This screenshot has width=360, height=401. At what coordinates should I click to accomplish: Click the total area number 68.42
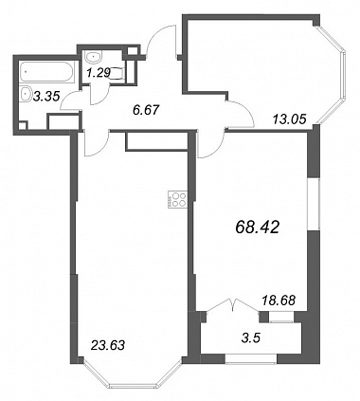pyautogui.click(x=258, y=227)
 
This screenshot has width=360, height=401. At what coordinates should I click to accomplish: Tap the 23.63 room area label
pyautogui.click(x=108, y=345)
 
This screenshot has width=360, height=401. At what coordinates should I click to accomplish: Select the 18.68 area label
pyautogui.click(x=279, y=301)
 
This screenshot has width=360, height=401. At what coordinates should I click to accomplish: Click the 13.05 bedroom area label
pyautogui.click(x=289, y=119)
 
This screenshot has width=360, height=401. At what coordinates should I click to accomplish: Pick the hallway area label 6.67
pyautogui.click(x=145, y=110)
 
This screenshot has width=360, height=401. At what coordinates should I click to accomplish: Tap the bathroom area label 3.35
pyautogui.click(x=46, y=96)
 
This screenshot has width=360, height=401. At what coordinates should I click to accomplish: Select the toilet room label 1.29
pyautogui.click(x=99, y=73)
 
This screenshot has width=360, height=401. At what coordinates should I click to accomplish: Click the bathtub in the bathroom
pyautogui.click(x=46, y=72)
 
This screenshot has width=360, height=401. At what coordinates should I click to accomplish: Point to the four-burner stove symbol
pyautogui.click(x=177, y=199)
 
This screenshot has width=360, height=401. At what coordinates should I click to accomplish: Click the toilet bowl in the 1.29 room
pyautogui.click(x=117, y=74)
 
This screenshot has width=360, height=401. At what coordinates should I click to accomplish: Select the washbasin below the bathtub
pyautogui.click(x=25, y=94)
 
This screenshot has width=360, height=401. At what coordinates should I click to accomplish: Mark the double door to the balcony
pyautogui.click(x=233, y=304)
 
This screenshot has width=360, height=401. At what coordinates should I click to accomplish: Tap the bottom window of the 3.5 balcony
pyautogui.click(x=251, y=358)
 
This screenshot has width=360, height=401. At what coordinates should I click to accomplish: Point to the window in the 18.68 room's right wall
pyautogui.click(x=314, y=204)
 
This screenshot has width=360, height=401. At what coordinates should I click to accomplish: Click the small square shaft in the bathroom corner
pyautogui.click(x=23, y=124)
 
